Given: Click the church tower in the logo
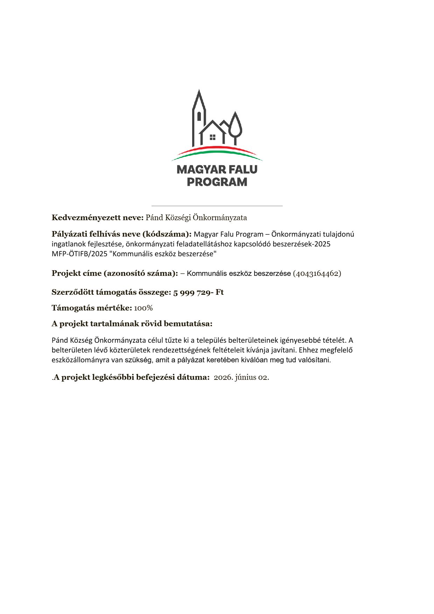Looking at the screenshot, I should [x=199, y=117].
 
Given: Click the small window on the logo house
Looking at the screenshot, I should [x=212, y=137].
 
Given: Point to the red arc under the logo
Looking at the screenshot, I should [x=217, y=148].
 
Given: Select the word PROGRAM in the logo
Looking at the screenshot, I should [x=217, y=182].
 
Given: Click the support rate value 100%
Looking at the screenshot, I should [x=143, y=308].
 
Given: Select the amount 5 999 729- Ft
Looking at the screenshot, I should [x=198, y=292].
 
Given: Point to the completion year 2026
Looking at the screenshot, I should [x=223, y=377].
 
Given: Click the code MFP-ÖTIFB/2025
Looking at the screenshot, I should [x=79, y=254].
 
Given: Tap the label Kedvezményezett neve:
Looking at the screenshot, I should [x=98, y=218].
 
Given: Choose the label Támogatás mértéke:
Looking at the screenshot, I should [x=92, y=308].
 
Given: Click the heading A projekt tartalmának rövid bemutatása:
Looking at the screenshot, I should [x=132, y=323].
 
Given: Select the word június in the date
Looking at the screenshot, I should [x=246, y=377].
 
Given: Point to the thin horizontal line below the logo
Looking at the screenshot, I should [x=217, y=206].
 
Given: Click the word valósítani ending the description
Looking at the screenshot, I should [x=316, y=360].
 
